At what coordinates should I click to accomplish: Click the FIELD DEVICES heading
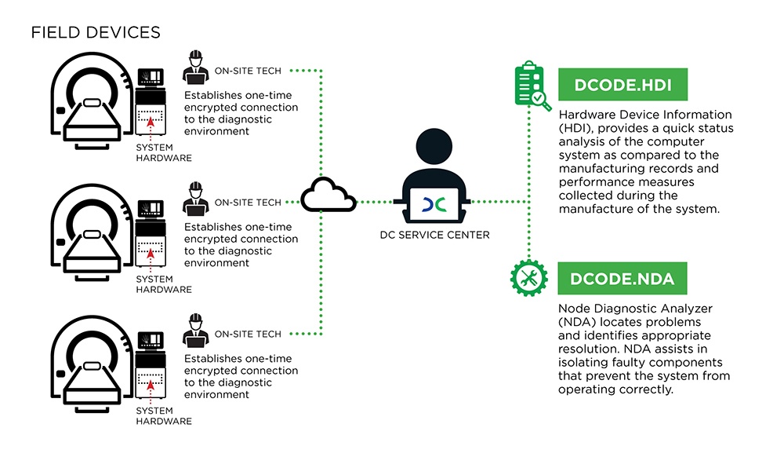tap(96, 33)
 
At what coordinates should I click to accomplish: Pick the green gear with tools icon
tap(530, 278)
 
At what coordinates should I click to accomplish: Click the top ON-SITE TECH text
tap(248, 71)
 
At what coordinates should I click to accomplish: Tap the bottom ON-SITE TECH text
tap(248, 334)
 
